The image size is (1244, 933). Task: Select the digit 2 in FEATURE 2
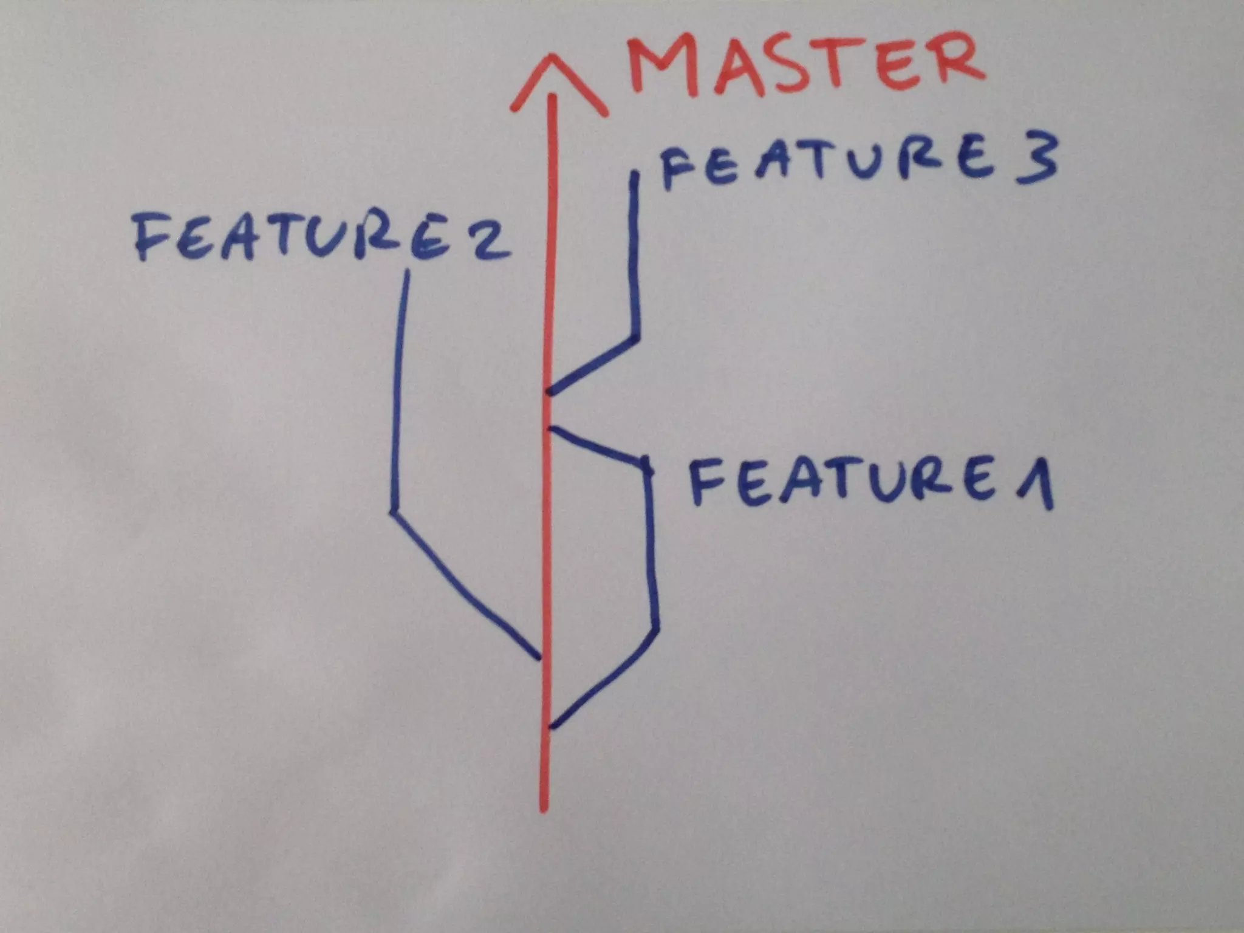pos(490,240)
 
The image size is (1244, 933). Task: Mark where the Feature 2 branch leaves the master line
pos(539,657)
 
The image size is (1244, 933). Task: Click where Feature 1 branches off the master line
pos(550,726)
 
